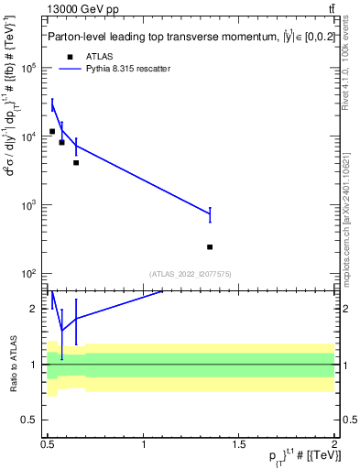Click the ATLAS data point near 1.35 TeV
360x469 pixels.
pos(211,246)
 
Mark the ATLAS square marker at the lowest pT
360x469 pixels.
pos(52,131)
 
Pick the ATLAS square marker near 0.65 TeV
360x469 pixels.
pos(76,163)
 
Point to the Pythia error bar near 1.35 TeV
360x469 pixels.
pos(211,214)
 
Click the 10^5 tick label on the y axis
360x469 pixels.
pos(28,69)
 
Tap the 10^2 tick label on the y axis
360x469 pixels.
pos(28,274)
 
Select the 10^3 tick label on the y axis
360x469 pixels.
pos(28,205)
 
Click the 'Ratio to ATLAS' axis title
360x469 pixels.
pos(13,363)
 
